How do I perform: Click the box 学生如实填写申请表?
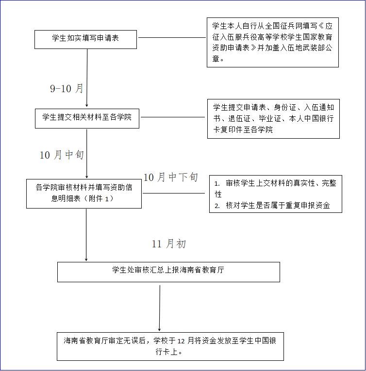[85, 39]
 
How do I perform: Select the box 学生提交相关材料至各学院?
[87, 118]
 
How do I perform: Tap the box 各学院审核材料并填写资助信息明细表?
[84, 193]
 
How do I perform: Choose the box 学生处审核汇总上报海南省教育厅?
[168, 272]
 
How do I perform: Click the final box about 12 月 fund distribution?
[170, 346]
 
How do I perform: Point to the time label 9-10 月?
[67, 89]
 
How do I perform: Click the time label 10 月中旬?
[62, 155]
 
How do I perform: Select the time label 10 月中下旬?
[170, 177]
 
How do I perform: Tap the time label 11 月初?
[168, 244]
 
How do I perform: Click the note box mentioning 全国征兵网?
[272, 42]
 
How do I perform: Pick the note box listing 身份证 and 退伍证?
[273, 118]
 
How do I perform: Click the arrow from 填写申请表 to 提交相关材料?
[87, 78]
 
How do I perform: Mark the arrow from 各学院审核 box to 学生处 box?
[86, 235]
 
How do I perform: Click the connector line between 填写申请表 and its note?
[172, 37]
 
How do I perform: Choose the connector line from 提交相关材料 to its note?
[173, 117]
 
